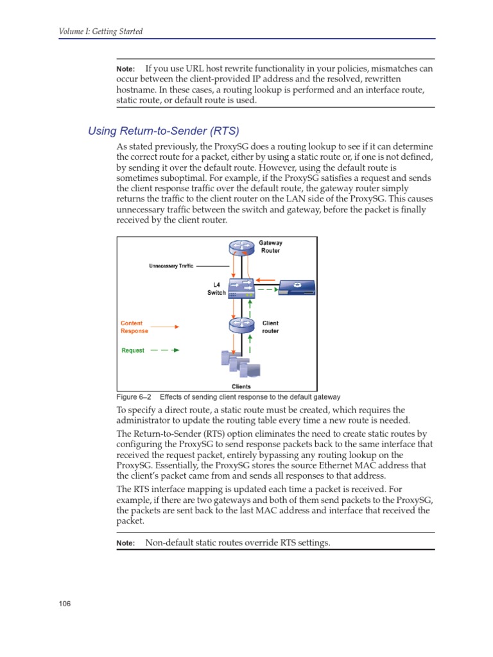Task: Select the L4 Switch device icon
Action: tap(241, 289)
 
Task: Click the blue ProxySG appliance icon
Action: tap(297, 288)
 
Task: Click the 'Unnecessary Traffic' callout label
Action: tap(171, 266)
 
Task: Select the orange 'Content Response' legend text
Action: tap(134, 327)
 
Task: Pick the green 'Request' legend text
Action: tap(133, 351)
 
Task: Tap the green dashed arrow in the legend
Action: tap(164, 351)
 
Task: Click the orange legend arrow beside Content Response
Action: tap(166, 327)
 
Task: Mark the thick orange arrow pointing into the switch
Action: tap(267, 280)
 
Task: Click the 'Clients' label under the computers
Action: tap(241, 386)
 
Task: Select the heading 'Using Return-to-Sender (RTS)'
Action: tap(163, 132)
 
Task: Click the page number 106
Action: tap(64, 604)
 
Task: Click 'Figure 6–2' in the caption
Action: tap(134, 397)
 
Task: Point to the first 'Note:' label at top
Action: tap(125, 69)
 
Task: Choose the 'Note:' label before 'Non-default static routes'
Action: tap(125, 543)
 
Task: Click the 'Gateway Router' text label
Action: tap(270, 247)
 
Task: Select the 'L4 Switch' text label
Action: tap(216, 289)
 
